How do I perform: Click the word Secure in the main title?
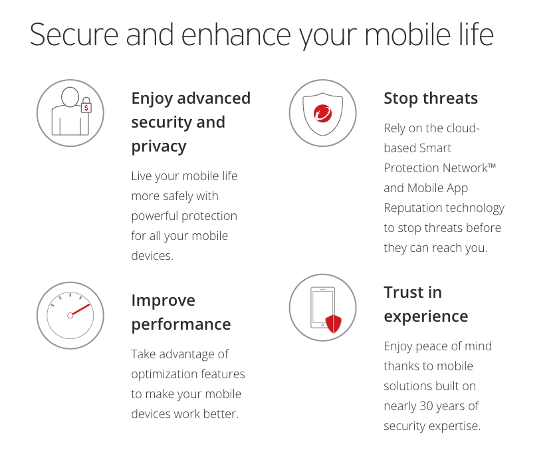pos(74,35)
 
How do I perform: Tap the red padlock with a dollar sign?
pos(86,105)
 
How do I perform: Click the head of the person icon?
pos(70,96)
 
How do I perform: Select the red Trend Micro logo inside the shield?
pos(322,114)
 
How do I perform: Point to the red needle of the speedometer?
pos(79,310)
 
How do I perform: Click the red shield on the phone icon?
pos(334,323)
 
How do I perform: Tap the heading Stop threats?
pos(431,98)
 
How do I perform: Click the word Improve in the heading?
pos(163,300)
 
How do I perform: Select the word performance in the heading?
pos(181,324)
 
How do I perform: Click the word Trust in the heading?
pos(413,292)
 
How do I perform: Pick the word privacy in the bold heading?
pos(159,146)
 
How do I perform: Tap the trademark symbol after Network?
pos(492,166)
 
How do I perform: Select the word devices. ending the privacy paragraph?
pos(152,256)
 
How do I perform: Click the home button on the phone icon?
pos(322,325)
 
